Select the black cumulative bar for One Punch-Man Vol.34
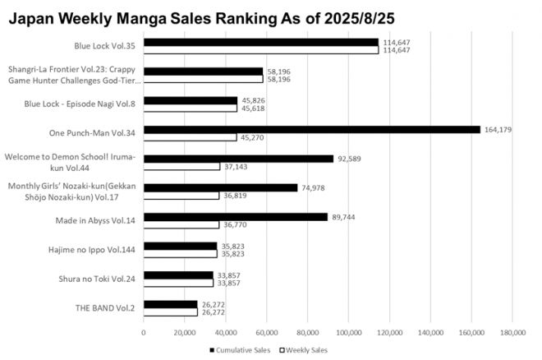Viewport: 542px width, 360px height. pyautogui.click(x=311, y=129)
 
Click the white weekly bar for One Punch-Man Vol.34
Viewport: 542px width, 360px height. pyautogui.click(x=190, y=137)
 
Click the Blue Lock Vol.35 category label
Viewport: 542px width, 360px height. pyautogui.click(x=103, y=46)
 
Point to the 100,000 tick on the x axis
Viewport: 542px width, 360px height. pyautogui.click(x=347, y=332)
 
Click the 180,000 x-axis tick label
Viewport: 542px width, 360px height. pyautogui.click(x=512, y=332)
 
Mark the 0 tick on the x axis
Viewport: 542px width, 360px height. pyautogui.click(x=143, y=332)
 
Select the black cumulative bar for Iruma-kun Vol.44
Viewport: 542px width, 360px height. pyautogui.click(x=238, y=158)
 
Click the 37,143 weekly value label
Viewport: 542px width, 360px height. pyautogui.click(x=237, y=167)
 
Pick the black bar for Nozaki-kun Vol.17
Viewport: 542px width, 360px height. pyautogui.click(x=220, y=187)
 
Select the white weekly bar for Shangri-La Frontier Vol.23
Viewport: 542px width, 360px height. pyautogui.click(x=203, y=79)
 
